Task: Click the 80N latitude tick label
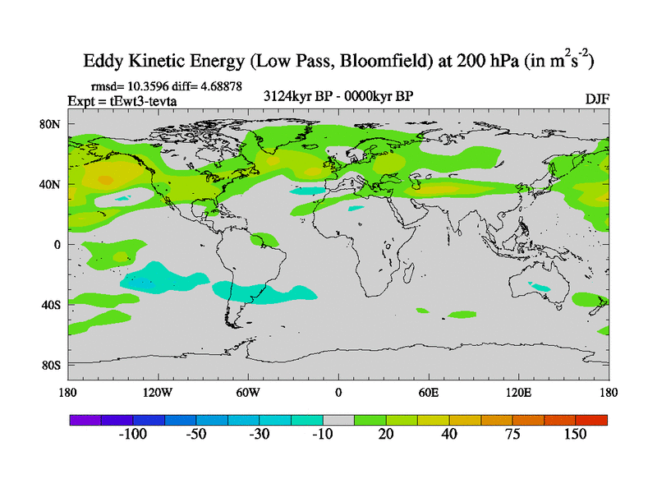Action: tap(51, 124)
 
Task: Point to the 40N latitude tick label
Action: tap(51, 184)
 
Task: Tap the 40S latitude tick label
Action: tap(51, 305)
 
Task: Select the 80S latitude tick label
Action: tap(51, 365)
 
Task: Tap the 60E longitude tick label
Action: tap(429, 392)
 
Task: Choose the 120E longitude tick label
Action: tap(519, 392)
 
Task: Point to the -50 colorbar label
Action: tap(195, 435)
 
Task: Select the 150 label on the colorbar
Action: tap(574, 435)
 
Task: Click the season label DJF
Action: tap(597, 99)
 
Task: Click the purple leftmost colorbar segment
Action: tap(85, 419)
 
